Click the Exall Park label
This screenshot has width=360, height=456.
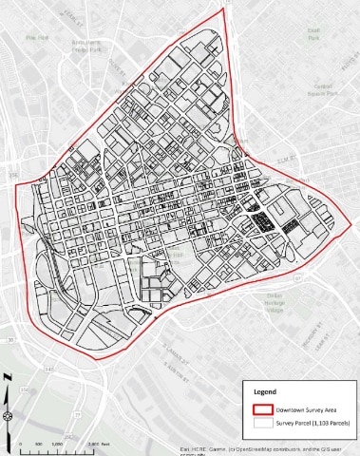(x=313, y=31)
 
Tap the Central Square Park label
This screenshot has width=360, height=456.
(x=322, y=89)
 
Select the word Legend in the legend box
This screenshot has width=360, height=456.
(x=268, y=392)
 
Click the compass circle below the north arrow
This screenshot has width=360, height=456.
(x=8, y=414)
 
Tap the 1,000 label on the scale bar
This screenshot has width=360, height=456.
(x=57, y=444)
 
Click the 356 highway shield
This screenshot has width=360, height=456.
(x=12, y=177)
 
